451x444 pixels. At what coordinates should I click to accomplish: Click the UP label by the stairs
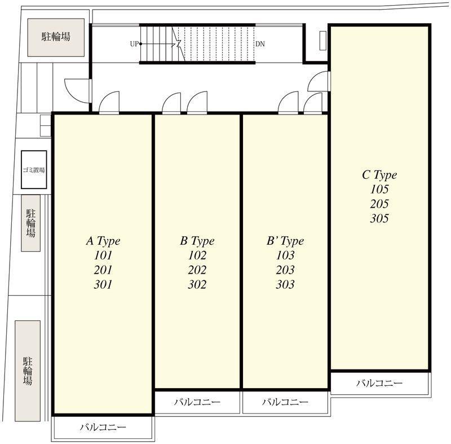tap(134, 44)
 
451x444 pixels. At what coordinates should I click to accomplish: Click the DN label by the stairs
tap(260, 44)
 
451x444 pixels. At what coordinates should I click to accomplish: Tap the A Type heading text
tap(103, 241)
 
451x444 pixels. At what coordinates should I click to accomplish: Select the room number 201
tap(103, 270)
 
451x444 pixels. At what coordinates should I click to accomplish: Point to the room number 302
tap(197, 284)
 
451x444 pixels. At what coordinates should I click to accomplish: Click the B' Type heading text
tap(285, 241)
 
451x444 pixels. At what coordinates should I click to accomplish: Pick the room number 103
tap(285, 255)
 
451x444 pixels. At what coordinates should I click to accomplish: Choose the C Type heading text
tap(379, 175)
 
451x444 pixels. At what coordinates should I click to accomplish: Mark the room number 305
tap(379, 218)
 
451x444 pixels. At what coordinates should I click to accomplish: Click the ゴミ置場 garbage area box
tap(34, 170)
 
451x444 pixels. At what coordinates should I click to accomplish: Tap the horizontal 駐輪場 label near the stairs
tap(56, 37)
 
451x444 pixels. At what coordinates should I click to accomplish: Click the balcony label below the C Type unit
tap(379, 383)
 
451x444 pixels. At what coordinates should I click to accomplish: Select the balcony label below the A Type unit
tap(103, 427)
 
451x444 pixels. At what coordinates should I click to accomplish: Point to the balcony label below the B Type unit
tap(197, 402)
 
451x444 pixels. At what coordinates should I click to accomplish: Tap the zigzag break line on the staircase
tap(179, 44)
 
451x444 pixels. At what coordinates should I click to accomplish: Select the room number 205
tap(379, 204)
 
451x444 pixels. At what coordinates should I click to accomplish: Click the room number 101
tap(103, 255)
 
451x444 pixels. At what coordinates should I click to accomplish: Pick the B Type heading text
tap(197, 241)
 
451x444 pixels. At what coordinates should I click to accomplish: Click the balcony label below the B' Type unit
tap(285, 402)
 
